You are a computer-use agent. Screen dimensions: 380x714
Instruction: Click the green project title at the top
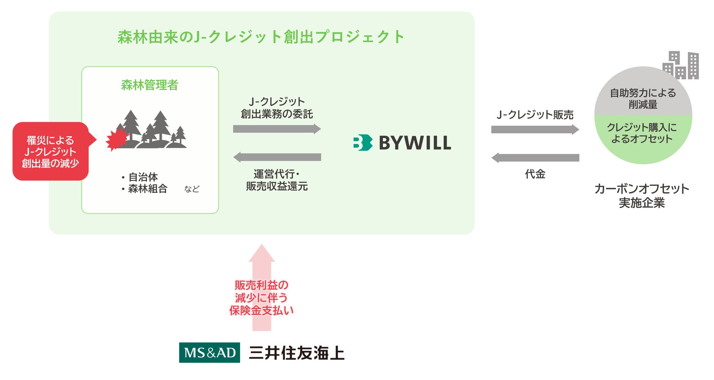click(261, 37)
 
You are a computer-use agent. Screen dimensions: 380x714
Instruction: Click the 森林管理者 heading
click(149, 85)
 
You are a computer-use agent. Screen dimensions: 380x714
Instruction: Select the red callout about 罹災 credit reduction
click(51, 151)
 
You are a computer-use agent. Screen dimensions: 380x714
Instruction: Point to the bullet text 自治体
click(143, 177)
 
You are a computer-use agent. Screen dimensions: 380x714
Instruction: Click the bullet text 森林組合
click(148, 189)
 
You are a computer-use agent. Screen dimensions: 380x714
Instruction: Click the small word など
click(191, 189)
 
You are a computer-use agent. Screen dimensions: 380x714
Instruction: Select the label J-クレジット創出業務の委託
click(277, 108)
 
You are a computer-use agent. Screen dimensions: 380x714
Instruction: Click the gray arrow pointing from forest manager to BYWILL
click(277, 129)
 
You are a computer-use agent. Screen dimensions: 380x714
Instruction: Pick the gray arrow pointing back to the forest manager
click(277, 157)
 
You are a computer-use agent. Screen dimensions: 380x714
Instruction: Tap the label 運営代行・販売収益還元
click(277, 180)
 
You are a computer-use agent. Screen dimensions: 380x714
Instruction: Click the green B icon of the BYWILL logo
click(362, 143)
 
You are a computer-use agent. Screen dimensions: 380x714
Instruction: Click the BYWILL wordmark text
click(414, 143)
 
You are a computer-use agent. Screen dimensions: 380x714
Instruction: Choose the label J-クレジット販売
click(535, 115)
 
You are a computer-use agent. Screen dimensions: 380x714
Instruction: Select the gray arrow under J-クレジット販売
click(535, 129)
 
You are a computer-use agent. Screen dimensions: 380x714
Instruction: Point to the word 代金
click(535, 174)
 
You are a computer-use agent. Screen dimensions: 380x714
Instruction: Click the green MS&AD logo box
click(209, 353)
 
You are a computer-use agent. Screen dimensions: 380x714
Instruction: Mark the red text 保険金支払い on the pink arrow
click(261, 310)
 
